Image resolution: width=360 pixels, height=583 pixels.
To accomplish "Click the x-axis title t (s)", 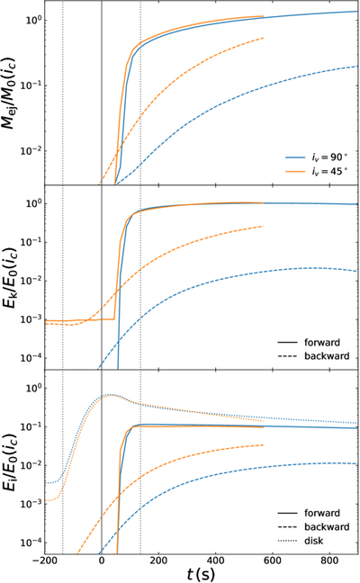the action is pos(201,574).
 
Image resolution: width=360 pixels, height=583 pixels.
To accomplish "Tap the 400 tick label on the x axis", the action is pos(216,560).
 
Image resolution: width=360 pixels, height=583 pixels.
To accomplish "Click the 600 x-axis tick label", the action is pos(273,560).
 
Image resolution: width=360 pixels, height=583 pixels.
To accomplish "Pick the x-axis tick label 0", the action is pos(102,560).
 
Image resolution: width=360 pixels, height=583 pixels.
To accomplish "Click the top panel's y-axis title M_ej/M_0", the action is pos(10,94).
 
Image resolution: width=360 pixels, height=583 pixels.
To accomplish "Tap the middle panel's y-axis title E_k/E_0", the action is pos(10,276).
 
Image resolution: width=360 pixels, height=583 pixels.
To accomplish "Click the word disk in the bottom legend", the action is pos(314,541).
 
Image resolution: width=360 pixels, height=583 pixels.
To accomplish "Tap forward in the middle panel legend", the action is pos(322,342).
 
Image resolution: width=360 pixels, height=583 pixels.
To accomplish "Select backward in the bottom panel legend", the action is pos(327,527).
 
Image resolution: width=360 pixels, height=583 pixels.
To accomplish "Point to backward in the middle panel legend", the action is pos(327,355).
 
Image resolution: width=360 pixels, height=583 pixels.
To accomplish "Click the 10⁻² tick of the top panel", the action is pos(33,151).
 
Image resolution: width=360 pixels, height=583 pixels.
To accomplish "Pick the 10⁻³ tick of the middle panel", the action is pos(33,319).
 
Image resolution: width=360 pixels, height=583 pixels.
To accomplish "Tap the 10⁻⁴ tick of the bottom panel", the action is pos(33,543).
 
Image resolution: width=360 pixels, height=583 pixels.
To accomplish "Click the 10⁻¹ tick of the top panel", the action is pos(33,85).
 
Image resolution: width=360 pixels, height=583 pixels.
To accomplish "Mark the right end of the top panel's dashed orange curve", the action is pos(264,38).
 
